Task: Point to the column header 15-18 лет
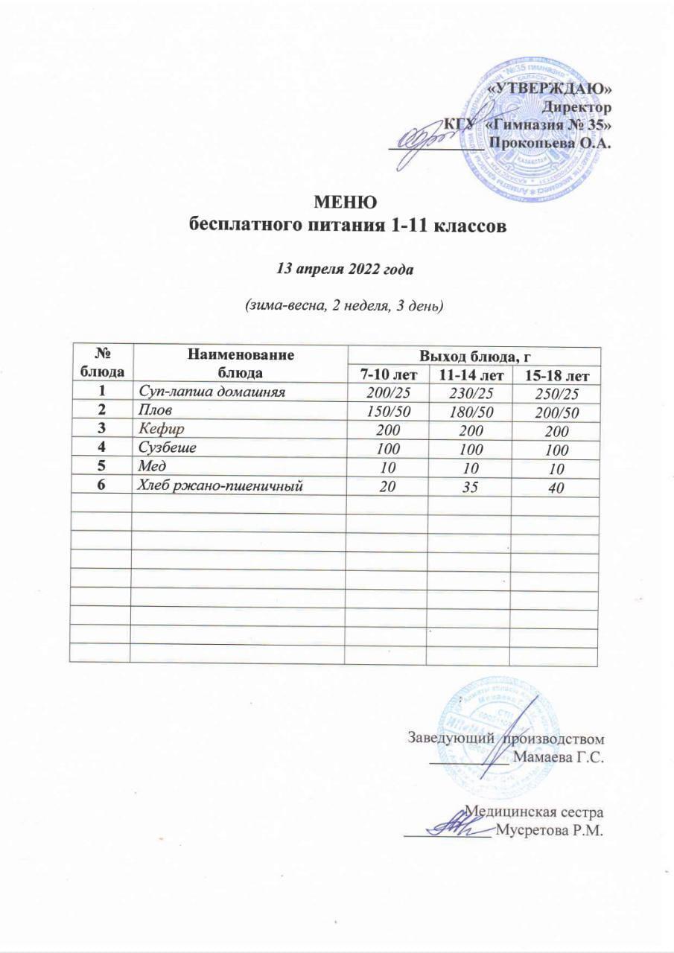(x=555, y=372)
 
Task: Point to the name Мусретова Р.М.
(x=547, y=830)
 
